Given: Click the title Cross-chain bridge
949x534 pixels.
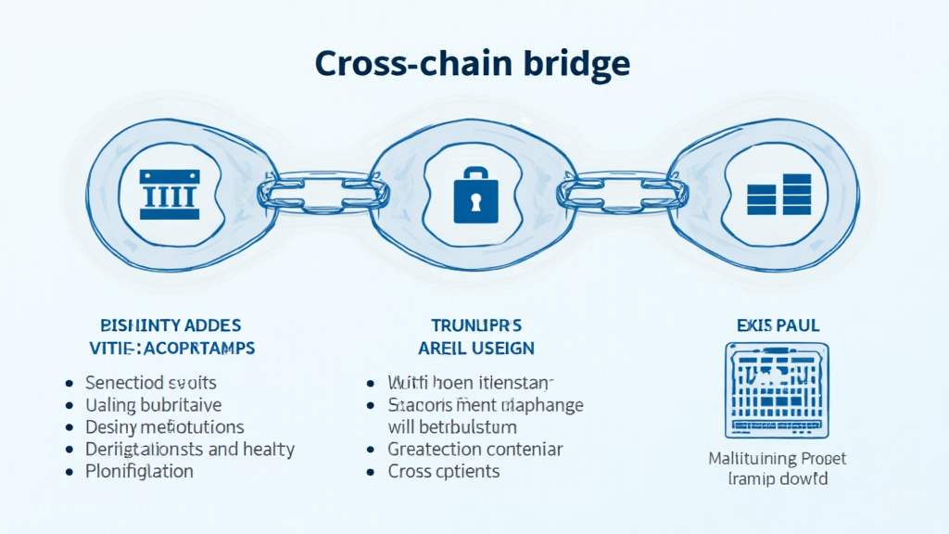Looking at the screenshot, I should pyautogui.click(x=473, y=63).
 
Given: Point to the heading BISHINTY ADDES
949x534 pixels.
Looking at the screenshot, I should pyautogui.click(x=171, y=325).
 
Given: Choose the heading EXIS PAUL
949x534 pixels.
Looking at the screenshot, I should pyautogui.click(x=777, y=325).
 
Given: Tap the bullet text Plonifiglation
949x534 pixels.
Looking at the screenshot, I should pyautogui.click(x=139, y=471).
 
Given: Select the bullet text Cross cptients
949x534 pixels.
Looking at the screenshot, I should pyautogui.click(x=444, y=471).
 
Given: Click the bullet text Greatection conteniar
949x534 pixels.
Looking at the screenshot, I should pyautogui.click(x=475, y=450).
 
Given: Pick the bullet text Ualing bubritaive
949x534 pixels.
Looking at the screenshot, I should pyautogui.click(x=153, y=405).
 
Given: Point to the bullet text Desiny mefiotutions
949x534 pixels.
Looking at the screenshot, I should pyautogui.click(x=165, y=427).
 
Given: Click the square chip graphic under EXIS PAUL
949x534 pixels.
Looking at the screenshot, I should pyautogui.click(x=777, y=389).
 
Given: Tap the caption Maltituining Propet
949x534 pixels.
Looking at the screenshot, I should pyautogui.click(x=777, y=459).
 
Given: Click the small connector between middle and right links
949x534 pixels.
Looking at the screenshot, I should pyautogui.click(x=618, y=193).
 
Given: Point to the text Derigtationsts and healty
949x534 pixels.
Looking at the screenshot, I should pyautogui.click(x=190, y=450).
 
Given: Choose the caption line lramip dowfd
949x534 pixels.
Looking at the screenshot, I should pyautogui.click(x=777, y=479).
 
